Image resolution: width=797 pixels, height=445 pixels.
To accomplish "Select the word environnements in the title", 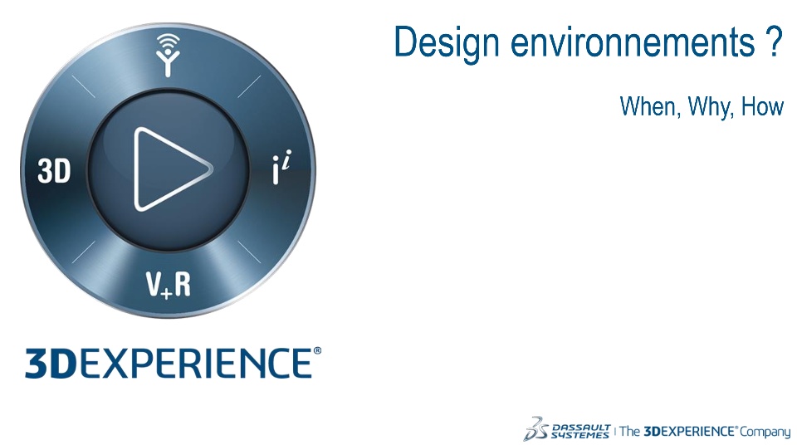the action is pyautogui.click(x=633, y=42).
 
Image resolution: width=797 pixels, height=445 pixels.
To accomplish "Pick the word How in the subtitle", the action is pyautogui.click(x=762, y=106).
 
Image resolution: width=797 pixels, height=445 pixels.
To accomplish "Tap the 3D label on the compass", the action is pyautogui.click(x=54, y=170).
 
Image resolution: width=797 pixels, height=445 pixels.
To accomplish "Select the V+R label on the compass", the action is pyautogui.click(x=169, y=284).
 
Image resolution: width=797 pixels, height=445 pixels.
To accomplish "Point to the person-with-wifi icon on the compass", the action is pyautogui.click(x=169, y=55).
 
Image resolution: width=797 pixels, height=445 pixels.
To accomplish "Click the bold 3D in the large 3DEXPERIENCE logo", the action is pyautogui.click(x=51, y=364).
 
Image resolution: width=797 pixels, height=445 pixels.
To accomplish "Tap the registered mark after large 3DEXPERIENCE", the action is pyautogui.click(x=317, y=351).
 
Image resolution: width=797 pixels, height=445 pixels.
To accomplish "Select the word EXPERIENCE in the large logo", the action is pyautogui.click(x=195, y=364).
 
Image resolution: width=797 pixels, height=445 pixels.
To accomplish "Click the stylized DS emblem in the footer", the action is pyautogui.click(x=535, y=428).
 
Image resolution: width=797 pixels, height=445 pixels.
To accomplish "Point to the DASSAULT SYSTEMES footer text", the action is pyautogui.click(x=580, y=431).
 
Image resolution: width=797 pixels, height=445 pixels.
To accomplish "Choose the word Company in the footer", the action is pyautogui.click(x=765, y=433).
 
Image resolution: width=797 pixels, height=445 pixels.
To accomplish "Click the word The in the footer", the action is pyautogui.click(x=630, y=431).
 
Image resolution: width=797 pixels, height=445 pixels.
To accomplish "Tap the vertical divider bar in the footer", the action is pyautogui.click(x=615, y=431).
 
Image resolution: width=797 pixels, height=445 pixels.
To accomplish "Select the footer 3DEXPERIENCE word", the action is pyautogui.click(x=689, y=431).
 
